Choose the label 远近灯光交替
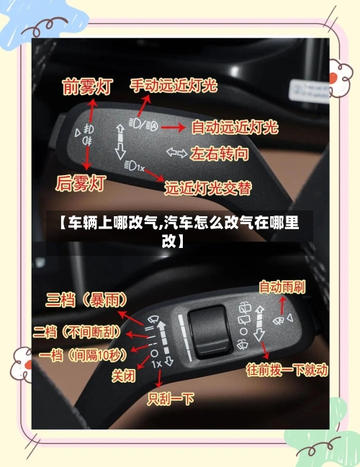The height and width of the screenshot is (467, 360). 208,188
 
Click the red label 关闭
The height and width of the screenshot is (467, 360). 123,375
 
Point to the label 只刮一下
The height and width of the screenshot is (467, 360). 171,398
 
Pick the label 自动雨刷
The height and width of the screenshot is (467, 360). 282,287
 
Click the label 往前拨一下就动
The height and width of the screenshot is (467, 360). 287,371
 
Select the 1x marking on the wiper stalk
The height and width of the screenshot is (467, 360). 157,364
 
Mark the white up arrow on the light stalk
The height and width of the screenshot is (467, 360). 120,132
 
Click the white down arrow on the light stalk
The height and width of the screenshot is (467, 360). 120,151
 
